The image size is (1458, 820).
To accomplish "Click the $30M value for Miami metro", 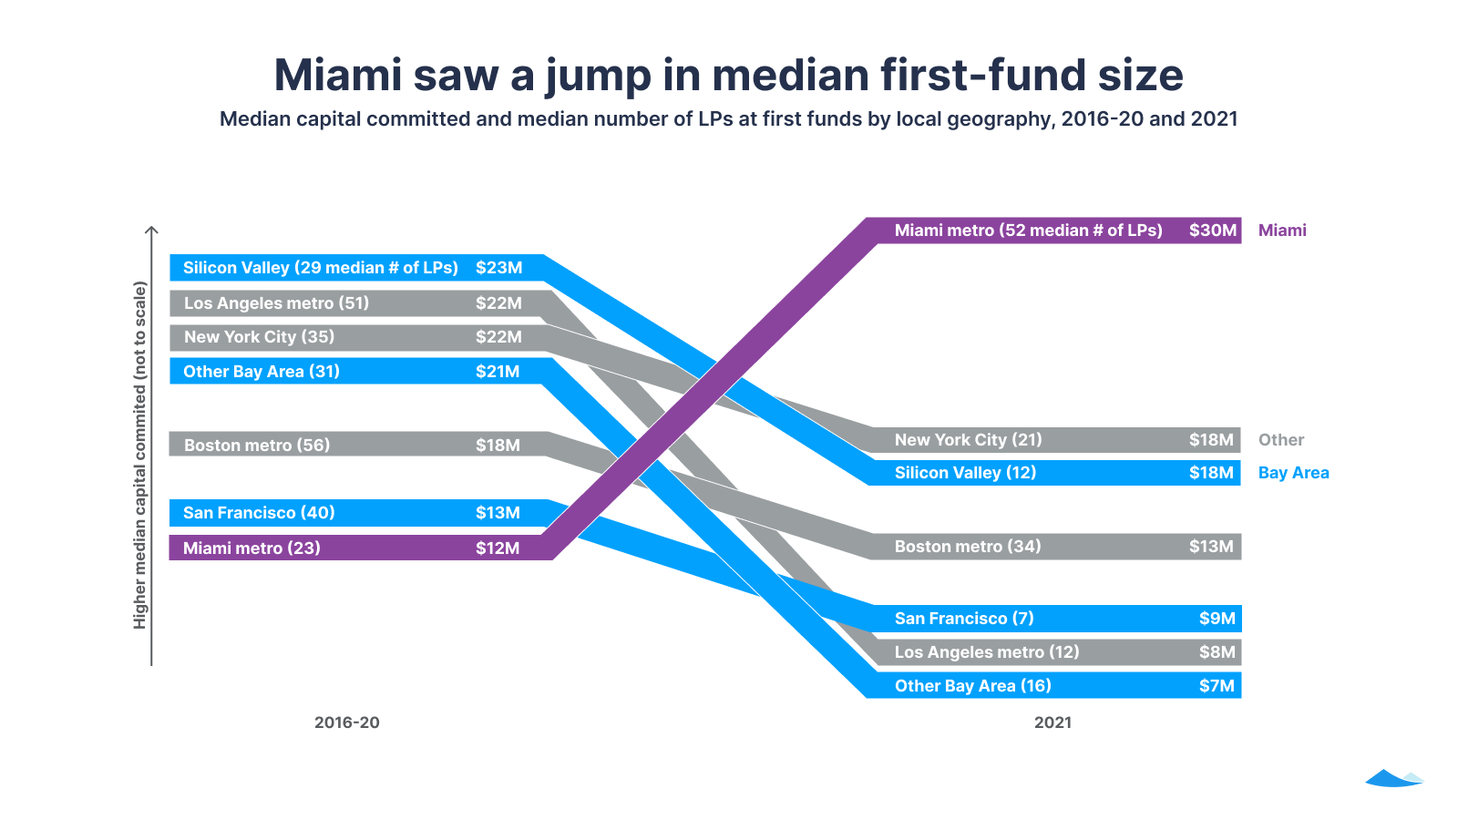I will pos(1212,231).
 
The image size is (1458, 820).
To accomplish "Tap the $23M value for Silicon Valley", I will pos(498,268).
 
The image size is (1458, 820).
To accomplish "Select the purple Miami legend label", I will pos(1281,231).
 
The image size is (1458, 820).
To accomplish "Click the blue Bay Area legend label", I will pos(1293,473).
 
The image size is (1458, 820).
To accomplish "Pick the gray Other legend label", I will pos(1280,440).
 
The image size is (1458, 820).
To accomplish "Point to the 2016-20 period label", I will pos(346,723).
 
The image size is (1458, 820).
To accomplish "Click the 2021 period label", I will pos(1052,723).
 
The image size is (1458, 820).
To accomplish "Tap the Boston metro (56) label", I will pos(257,446).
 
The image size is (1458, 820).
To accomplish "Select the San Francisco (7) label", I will pos(964,619).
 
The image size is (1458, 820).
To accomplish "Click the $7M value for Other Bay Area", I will pos(1217,686).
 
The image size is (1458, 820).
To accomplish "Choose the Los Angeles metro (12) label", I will pos(986,652).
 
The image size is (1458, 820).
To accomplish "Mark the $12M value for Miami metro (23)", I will pos(498,548).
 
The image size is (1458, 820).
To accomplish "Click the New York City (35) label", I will pos(259,337).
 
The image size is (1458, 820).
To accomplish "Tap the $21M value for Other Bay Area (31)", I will pos(498,372).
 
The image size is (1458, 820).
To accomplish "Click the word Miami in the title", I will pos(337,75).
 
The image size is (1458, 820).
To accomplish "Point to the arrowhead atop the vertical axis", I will pos(152,231).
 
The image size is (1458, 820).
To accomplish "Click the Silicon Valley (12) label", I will pos(965,473).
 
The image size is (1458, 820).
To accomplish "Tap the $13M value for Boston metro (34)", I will pos(1210,547).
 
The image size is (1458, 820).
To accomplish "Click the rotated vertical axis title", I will pos(139,455).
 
